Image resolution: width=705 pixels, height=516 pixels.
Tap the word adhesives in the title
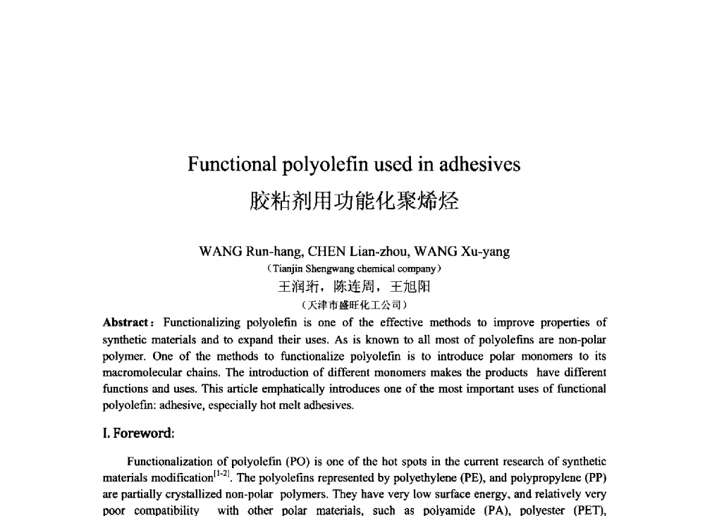pos(480,164)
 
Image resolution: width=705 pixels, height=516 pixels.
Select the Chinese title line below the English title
pos(354,202)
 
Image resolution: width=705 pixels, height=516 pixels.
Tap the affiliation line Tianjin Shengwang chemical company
pos(354,269)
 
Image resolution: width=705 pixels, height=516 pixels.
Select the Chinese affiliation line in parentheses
pos(354,305)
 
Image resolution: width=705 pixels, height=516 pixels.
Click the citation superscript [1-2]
pos(223,474)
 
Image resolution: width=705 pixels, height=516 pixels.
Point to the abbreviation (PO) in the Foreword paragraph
pos(295,462)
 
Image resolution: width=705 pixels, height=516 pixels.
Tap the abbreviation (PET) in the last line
pos(587,510)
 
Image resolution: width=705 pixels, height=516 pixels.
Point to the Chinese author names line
pos(354,287)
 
